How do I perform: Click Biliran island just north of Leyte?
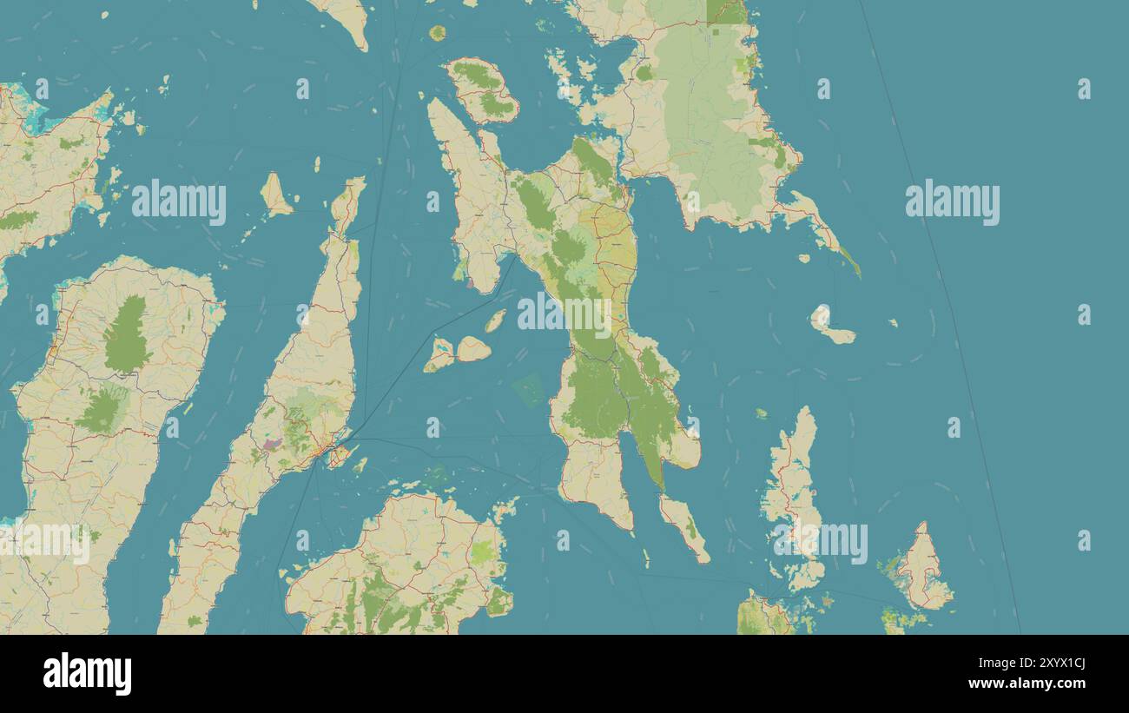[482, 89]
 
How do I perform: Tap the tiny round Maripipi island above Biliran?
[437, 33]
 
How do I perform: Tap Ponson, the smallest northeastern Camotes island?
[495, 320]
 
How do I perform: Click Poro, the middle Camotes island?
[473, 349]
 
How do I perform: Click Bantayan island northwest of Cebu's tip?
[275, 195]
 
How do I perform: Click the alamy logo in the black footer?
[87, 674]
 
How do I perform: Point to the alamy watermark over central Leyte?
[564, 314]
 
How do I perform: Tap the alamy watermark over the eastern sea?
[952, 202]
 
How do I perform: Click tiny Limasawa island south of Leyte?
[644, 556]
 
